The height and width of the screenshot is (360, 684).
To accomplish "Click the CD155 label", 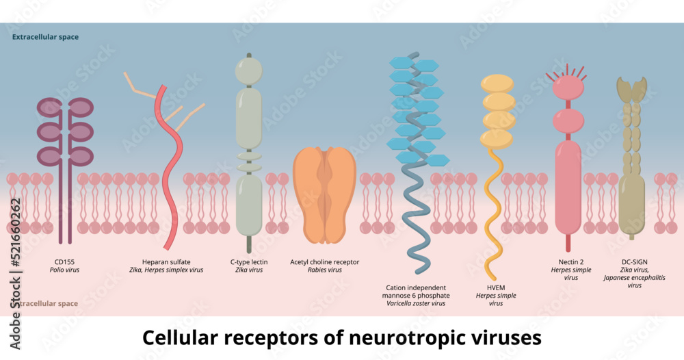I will point(64,261).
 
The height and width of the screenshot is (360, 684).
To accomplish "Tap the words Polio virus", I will point(64,270).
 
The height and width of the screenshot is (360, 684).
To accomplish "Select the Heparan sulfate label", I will point(166,261).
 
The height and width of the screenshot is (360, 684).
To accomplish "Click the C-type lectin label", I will point(249,261).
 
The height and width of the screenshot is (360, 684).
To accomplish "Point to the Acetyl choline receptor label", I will point(324,261).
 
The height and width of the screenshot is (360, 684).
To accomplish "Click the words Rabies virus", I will point(324,270).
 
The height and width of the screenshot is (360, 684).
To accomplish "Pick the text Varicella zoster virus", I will point(416,303).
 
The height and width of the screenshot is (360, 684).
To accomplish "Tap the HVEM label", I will point(495,287).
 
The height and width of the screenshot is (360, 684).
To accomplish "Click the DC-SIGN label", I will point(635,261).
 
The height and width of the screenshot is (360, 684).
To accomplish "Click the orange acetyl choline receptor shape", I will point(324,195).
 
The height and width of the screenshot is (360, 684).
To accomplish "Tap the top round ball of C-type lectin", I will point(249,69).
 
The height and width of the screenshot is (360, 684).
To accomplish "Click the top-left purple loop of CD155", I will point(49,107).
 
